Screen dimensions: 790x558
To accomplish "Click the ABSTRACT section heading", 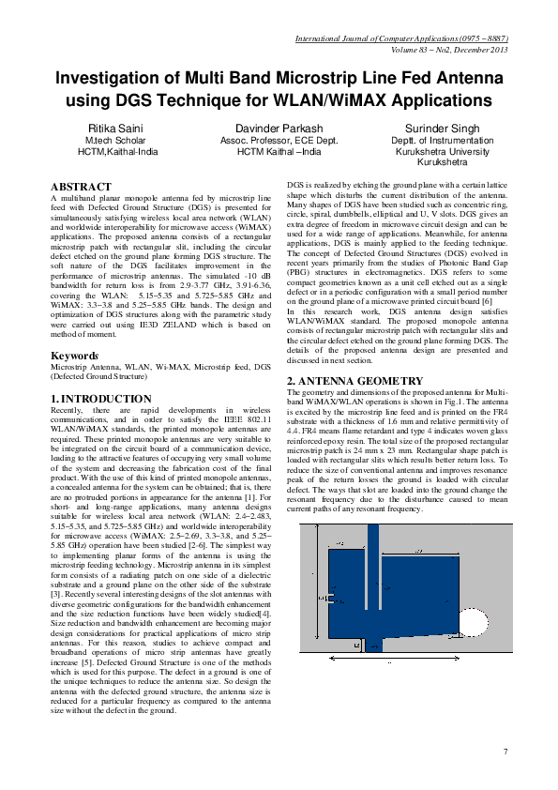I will [82, 188].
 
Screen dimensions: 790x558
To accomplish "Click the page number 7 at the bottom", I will [505, 751].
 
